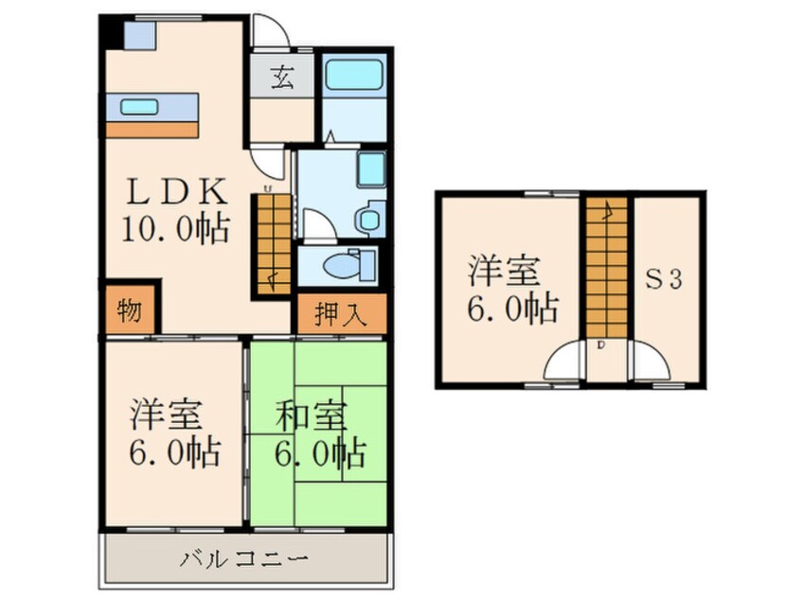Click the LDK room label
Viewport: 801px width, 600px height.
tap(177, 192)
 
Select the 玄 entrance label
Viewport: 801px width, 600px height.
tap(281, 77)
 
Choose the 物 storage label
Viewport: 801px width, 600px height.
tap(131, 311)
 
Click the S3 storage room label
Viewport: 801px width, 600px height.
tap(666, 280)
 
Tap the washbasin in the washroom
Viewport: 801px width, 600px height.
tap(370, 170)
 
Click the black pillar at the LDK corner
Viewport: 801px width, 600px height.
tap(111, 31)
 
